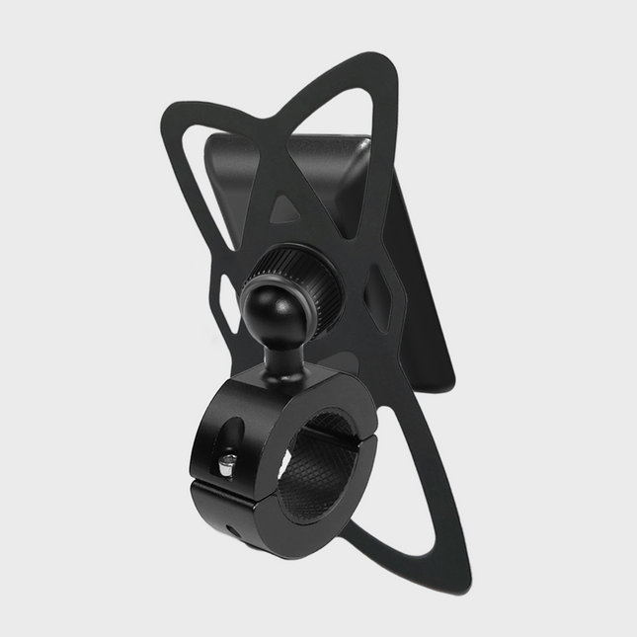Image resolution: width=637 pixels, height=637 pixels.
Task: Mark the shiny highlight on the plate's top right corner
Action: coord(365,148)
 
